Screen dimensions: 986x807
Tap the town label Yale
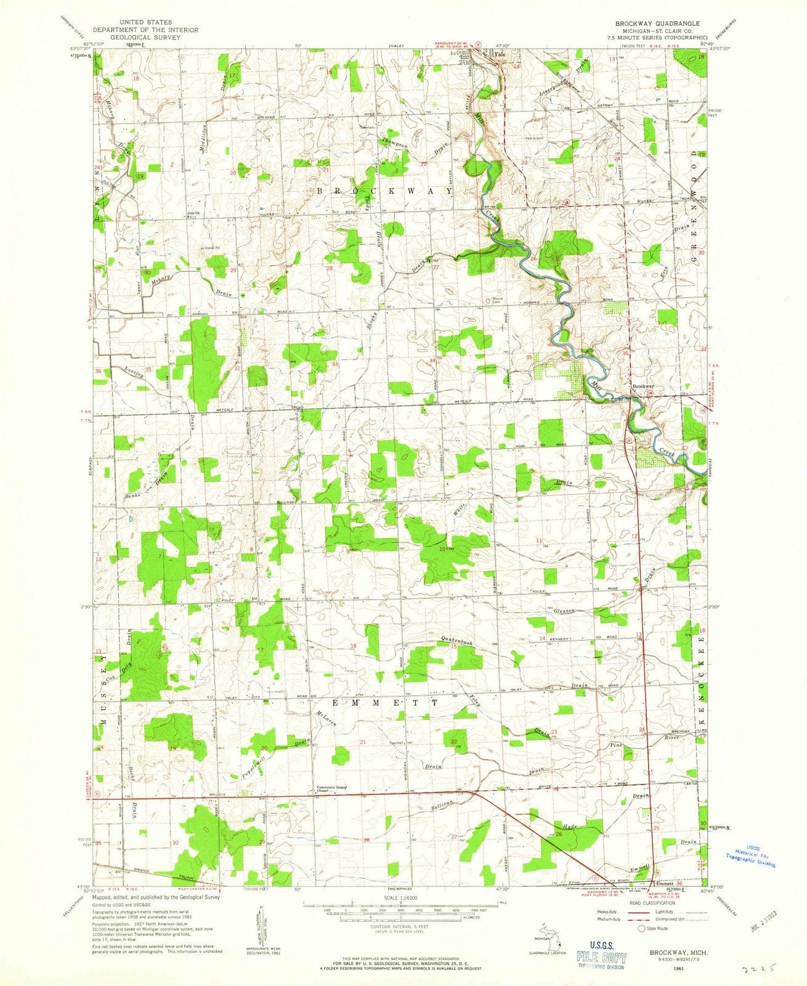pos(500,54)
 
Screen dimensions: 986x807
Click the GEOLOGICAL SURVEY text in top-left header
pos(141,37)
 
